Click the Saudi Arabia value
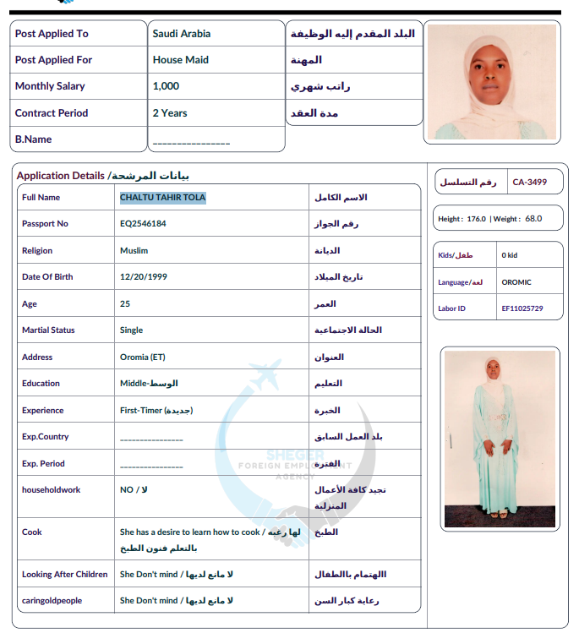(181, 34)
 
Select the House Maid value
(180, 60)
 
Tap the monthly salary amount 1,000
(166, 86)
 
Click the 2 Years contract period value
(170, 113)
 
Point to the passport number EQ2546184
(143, 224)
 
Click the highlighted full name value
(162, 198)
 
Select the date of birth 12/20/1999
(144, 277)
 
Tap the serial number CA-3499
(530, 182)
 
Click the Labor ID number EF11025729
(522, 308)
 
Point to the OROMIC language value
(516, 282)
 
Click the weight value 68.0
(533, 219)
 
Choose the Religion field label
(37, 251)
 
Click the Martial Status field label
(48, 330)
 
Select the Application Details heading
(62, 176)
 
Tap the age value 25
(125, 304)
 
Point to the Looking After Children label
(65, 575)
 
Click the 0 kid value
(509, 255)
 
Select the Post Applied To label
(52, 34)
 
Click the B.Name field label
(33, 139)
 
